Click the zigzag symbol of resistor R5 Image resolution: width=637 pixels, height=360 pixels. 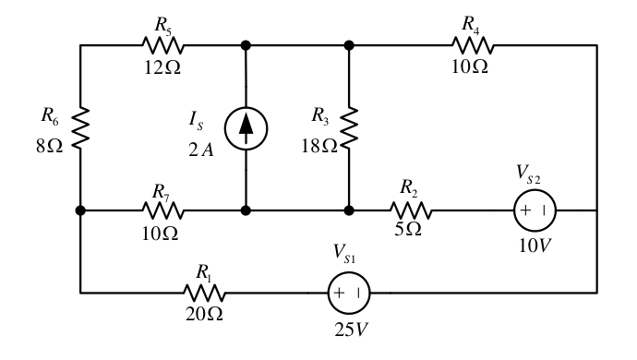(163, 45)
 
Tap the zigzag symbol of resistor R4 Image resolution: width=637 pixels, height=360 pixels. (473, 45)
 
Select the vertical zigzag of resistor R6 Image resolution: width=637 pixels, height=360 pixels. (80, 127)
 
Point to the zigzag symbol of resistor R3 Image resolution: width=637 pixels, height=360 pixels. (349, 127)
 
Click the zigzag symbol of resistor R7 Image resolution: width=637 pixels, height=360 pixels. (163, 210)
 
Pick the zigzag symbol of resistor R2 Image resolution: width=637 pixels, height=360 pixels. (411, 210)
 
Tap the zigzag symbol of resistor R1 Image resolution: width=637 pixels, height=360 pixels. (204, 293)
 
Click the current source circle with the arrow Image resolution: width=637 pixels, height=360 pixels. (246, 128)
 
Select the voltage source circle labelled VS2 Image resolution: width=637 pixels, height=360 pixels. (535, 210)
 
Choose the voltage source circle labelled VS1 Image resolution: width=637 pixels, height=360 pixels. (349, 293)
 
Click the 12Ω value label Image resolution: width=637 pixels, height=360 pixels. (162, 67)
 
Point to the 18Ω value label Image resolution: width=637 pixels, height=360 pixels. (319, 146)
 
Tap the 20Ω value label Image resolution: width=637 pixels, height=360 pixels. (204, 314)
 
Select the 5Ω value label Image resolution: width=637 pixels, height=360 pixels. (408, 229)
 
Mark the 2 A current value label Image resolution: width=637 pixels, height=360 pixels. (200, 150)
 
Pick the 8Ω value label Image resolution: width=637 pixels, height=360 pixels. (49, 146)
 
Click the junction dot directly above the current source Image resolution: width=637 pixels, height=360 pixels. (246, 45)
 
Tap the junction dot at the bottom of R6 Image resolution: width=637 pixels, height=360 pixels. (80, 210)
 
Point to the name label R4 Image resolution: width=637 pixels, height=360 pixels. (471, 24)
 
